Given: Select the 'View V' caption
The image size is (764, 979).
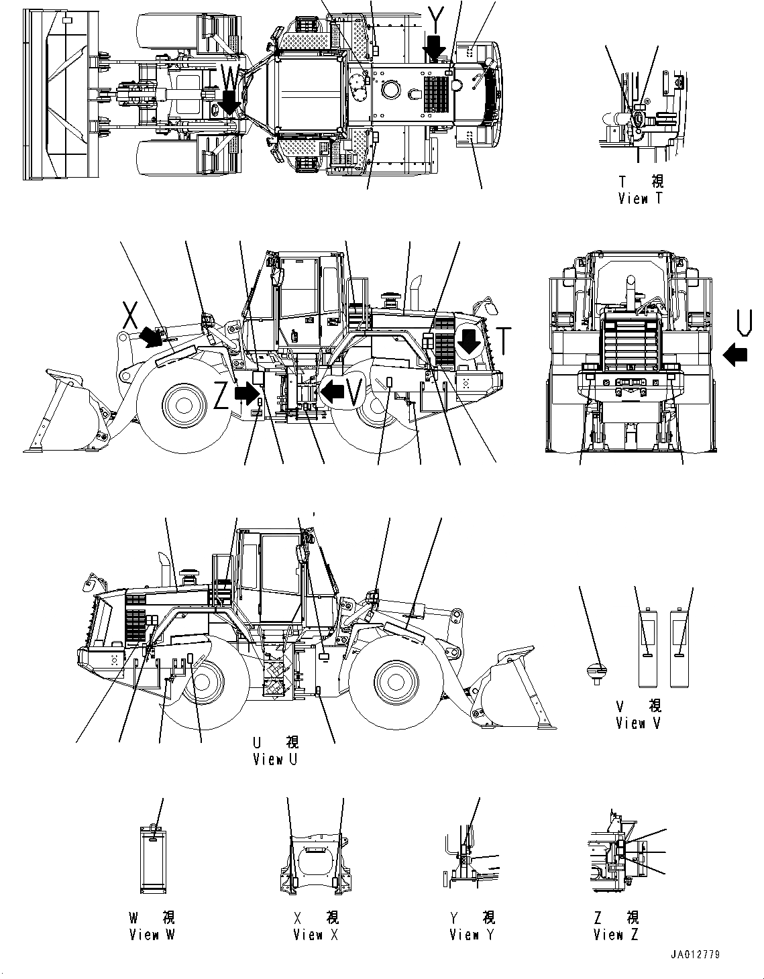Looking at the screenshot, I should click(639, 723).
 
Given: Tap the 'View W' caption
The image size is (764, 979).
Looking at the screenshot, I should click(152, 935).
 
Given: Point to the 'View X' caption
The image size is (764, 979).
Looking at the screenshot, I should click(315, 935).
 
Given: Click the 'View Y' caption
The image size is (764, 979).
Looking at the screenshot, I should click(472, 935).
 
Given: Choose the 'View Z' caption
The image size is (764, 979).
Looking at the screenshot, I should click(616, 935).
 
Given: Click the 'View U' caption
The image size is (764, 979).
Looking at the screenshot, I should click(276, 759).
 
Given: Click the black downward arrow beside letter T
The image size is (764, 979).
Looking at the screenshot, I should click(470, 341).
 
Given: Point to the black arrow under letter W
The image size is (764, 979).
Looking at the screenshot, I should click(230, 102).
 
